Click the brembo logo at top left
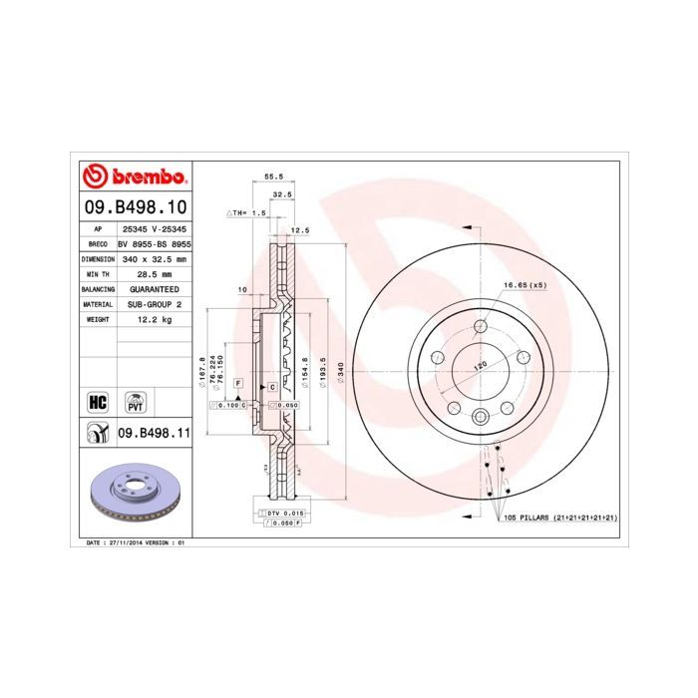134,177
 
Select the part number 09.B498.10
134,207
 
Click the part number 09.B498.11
154,433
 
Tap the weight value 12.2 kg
154,319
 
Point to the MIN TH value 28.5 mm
154,273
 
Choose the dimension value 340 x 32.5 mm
154,258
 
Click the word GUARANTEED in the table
154,288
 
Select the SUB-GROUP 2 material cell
154,303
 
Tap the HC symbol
98,402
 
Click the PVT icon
133,402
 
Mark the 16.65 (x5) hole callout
524,286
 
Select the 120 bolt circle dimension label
479,366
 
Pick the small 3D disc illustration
133,492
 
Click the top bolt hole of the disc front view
480,326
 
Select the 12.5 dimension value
296,230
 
